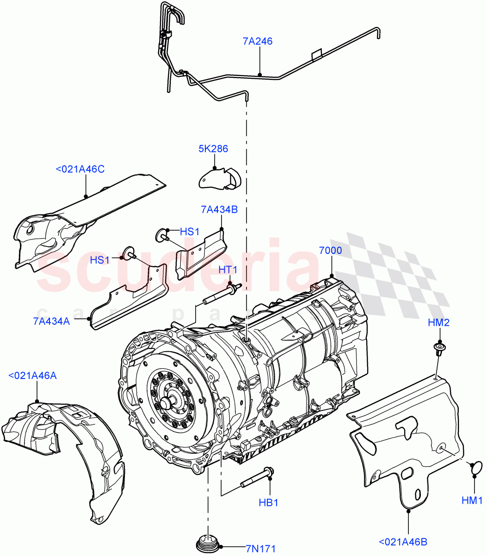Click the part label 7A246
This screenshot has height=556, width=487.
pos(257,41)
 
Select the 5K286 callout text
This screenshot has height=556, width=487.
pos(214,149)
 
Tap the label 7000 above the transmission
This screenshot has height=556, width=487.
pos(331,251)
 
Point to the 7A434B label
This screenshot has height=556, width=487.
pos(219,209)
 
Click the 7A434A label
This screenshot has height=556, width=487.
pos(51,321)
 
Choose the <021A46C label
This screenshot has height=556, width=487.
pos(80,169)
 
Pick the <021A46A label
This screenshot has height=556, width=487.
pos(32,375)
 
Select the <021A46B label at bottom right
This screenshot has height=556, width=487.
pos(403,541)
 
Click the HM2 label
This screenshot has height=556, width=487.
pos(438,323)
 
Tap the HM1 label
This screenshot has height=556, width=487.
pos(472,500)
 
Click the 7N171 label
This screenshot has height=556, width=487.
pos(260,549)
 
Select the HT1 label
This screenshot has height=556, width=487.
pos(228,270)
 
